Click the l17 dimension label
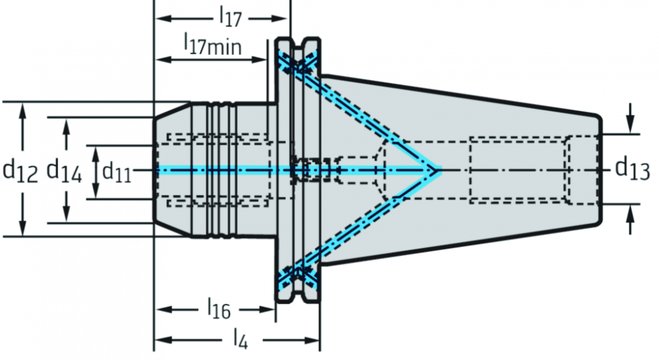231,17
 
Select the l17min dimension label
213,45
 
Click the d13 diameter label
633,168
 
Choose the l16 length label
219,309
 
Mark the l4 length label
241,338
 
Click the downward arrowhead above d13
629,125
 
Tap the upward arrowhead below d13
629,214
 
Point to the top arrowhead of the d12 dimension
22,112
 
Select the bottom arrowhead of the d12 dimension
22,227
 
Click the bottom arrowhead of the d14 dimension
66,213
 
